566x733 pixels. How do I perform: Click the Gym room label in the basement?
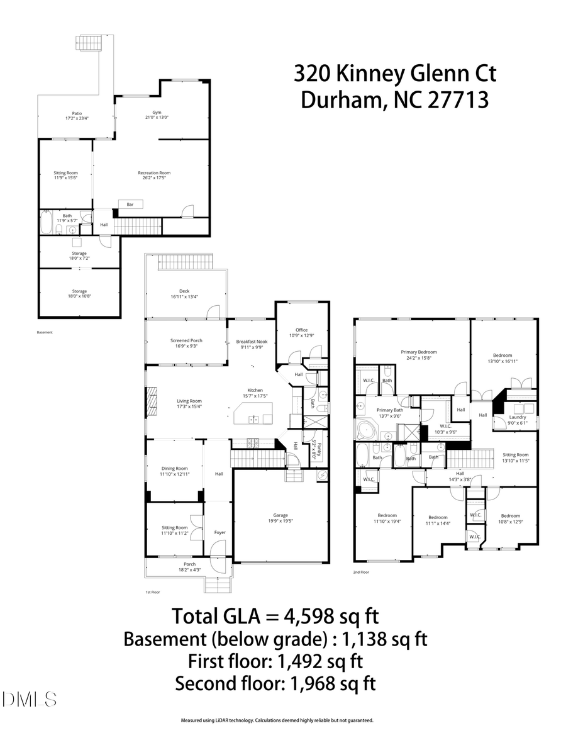(148, 113)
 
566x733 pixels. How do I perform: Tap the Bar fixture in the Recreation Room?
(131, 204)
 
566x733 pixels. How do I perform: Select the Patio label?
(77, 113)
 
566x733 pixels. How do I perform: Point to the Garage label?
(280, 514)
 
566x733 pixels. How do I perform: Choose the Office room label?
(302, 330)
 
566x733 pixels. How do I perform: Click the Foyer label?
(219, 532)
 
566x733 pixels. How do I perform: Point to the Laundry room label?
(518, 417)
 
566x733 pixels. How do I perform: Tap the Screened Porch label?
(186, 341)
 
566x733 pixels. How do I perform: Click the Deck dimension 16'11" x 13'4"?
(184, 297)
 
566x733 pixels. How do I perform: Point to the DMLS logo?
(29, 699)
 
